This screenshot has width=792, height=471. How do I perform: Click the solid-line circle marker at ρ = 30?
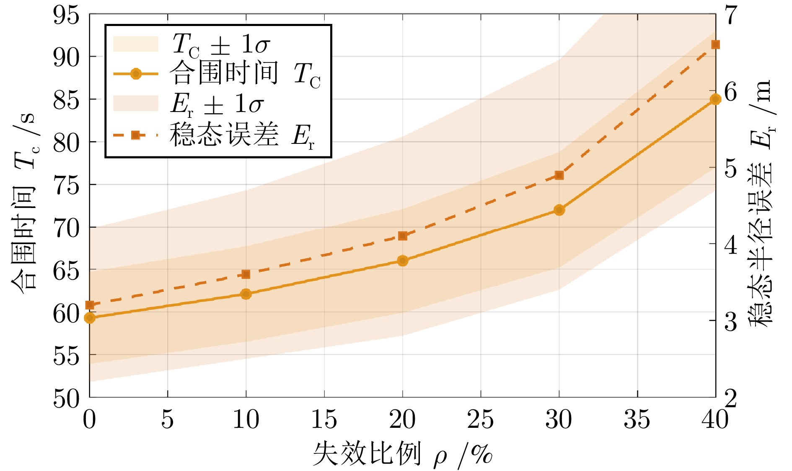pyautogui.click(x=559, y=210)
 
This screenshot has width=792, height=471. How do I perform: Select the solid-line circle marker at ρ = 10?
pyautogui.click(x=246, y=294)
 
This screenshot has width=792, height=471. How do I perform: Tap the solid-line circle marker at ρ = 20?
pyautogui.click(x=402, y=260)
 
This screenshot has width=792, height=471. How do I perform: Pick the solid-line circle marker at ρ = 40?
pyautogui.click(x=715, y=99)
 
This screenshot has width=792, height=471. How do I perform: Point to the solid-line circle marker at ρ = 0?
pyautogui.click(x=90, y=318)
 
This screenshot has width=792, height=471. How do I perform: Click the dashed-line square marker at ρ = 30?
pyautogui.click(x=559, y=175)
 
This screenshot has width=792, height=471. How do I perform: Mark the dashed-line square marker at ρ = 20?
pyautogui.click(x=402, y=236)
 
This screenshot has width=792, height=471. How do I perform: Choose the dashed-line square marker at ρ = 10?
pyautogui.click(x=246, y=274)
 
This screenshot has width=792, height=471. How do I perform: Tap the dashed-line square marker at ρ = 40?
pyautogui.click(x=715, y=45)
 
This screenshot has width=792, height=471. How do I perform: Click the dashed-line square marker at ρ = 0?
pyautogui.click(x=90, y=305)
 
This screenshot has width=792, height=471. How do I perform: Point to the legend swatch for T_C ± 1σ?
pyautogui.click(x=136, y=44)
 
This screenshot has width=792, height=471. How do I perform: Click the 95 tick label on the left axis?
pyautogui.click(x=66, y=16)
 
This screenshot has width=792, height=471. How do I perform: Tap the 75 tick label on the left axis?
pyautogui.click(x=66, y=185)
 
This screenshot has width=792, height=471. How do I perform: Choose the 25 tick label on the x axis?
pyautogui.click(x=480, y=419)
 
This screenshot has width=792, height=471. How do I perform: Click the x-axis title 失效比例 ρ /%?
pyautogui.click(x=402, y=454)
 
